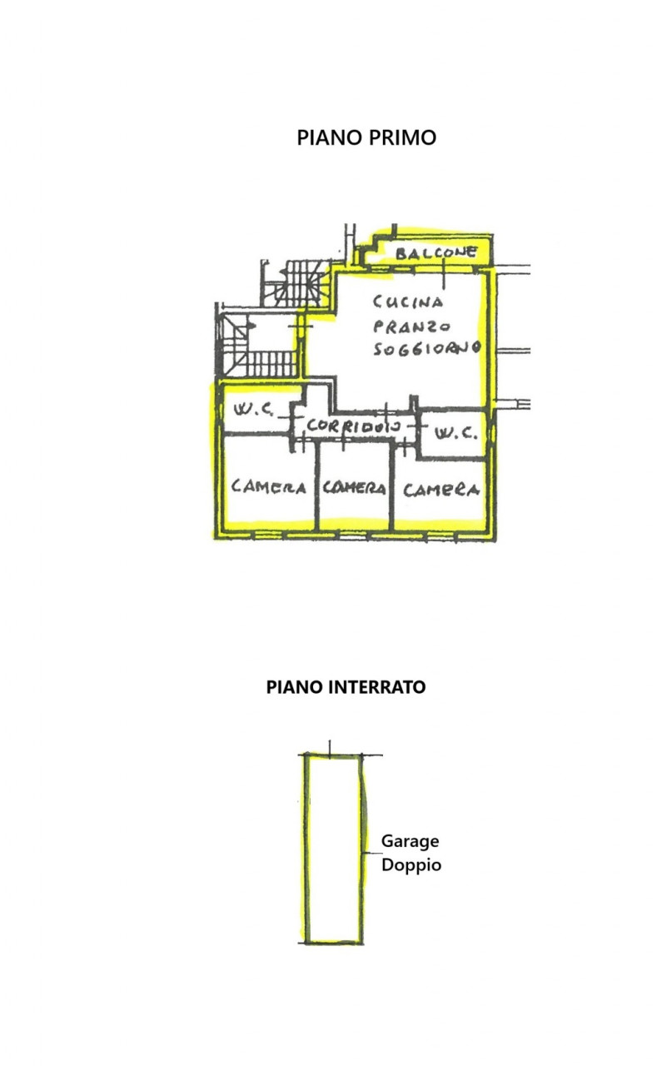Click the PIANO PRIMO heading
pyautogui.click(x=366, y=138)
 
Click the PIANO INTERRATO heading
pyautogui.click(x=346, y=687)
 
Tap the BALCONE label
pyautogui.click(x=436, y=252)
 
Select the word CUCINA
pyautogui.click(x=408, y=301)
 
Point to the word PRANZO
pyautogui.click(x=411, y=326)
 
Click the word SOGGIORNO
pyautogui.click(x=426, y=348)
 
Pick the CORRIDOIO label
pyautogui.click(x=354, y=426)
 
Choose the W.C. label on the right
pyautogui.click(x=455, y=433)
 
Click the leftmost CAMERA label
pyautogui.click(x=268, y=487)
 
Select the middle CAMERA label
pyautogui.click(x=354, y=488)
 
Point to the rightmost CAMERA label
pyautogui.click(x=441, y=490)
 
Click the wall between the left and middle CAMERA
pyautogui.click(x=316, y=486)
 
